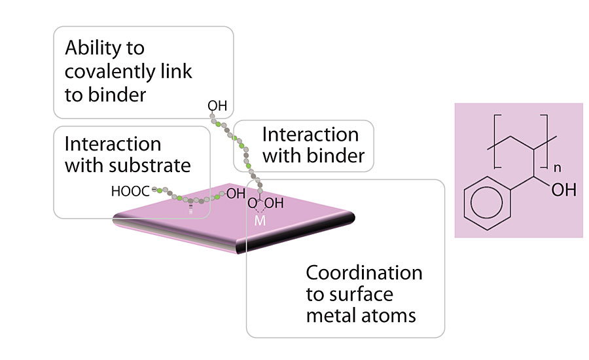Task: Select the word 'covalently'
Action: click(118, 71)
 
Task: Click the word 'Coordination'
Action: click(364, 272)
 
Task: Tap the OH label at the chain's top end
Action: click(216, 105)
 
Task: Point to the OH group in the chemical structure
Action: click(563, 191)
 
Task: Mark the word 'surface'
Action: click(359, 294)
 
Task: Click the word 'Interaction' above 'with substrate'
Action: click(113, 144)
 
